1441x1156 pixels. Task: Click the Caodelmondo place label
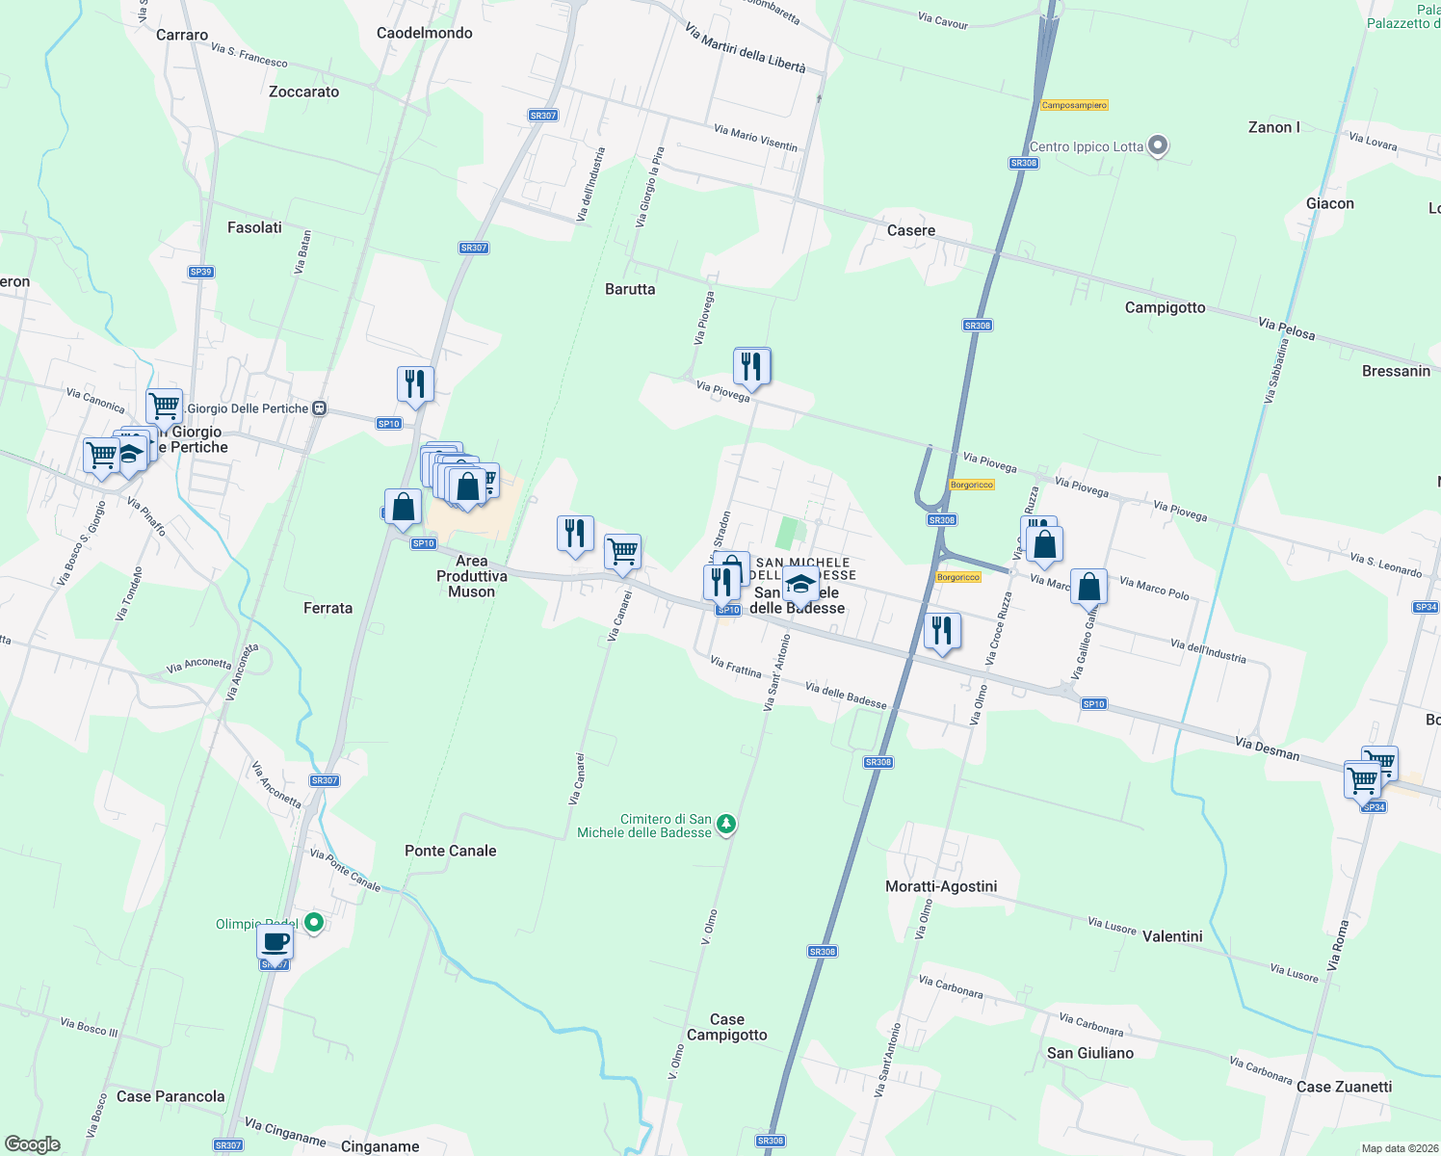pyautogui.click(x=424, y=33)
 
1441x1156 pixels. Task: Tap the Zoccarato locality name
pyautogui.click(x=303, y=92)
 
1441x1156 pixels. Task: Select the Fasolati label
pyautogui.click(x=254, y=227)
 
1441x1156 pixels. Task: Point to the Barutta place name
pyautogui.click(x=630, y=289)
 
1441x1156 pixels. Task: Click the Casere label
pyautogui.click(x=910, y=230)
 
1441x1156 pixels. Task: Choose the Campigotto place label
pyautogui.click(x=1165, y=307)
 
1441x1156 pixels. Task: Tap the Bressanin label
pyautogui.click(x=1396, y=371)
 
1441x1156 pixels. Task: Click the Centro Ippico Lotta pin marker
pyautogui.click(x=1159, y=146)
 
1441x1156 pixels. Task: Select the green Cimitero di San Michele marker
pyautogui.click(x=727, y=824)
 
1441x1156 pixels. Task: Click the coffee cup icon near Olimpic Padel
pyautogui.click(x=275, y=943)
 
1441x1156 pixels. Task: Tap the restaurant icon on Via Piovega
pyautogui.click(x=751, y=366)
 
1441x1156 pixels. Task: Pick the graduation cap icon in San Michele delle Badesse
pyautogui.click(x=799, y=583)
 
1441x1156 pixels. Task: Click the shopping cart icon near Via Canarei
pyautogui.click(x=623, y=552)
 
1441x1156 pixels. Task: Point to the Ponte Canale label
pyautogui.click(x=450, y=851)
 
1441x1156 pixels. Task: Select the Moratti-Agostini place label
pyautogui.click(x=941, y=886)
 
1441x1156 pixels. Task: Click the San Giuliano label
pyautogui.click(x=1089, y=1053)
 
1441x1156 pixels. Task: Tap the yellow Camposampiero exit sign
pyautogui.click(x=1074, y=105)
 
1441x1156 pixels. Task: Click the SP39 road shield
pyautogui.click(x=200, y=272)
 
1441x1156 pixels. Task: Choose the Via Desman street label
pyautogui.click(x=1267, y=748)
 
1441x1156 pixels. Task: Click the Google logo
pyautogui.click(x=33, y=1144)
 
